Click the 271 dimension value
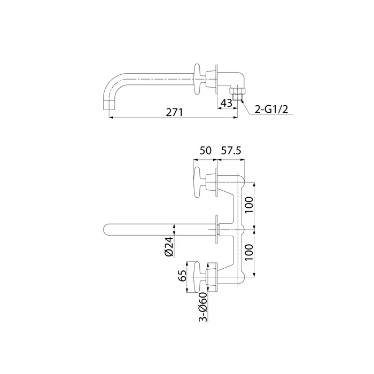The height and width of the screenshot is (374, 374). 174,112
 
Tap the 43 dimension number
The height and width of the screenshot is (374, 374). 227,103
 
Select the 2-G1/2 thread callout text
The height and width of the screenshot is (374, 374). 271,109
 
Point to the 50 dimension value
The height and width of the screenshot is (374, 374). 205,151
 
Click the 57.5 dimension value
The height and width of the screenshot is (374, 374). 231,151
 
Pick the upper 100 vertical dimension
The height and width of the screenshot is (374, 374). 249,205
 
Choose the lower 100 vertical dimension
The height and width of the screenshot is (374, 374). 249,252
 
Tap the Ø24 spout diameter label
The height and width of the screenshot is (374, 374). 169,247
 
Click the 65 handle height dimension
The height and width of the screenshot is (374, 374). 183,276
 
